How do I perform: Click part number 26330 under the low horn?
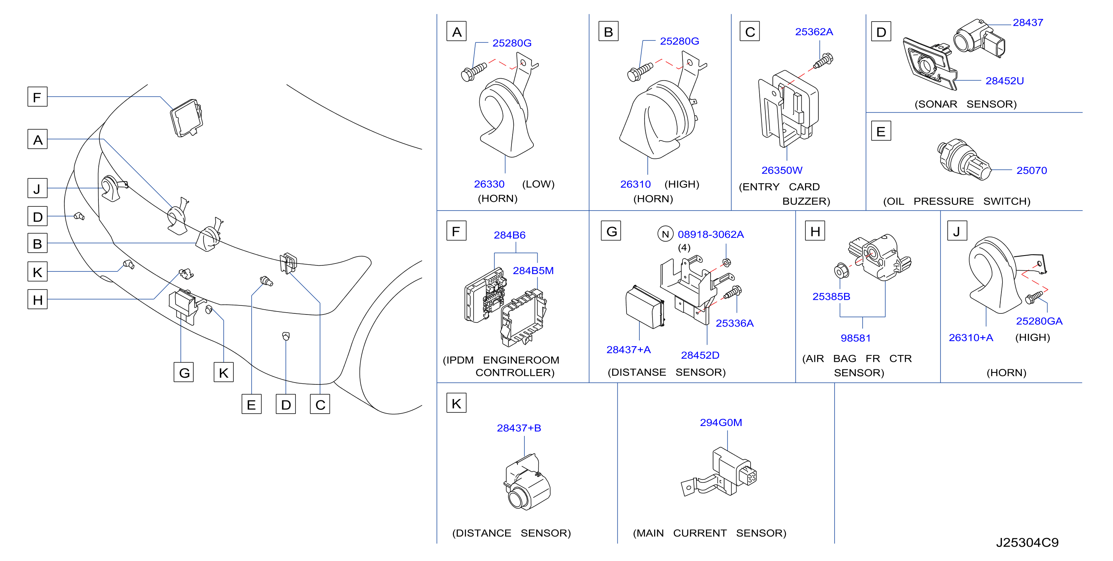pos(489,184)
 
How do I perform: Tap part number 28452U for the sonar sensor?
pos(1004,81)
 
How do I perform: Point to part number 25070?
pos(1032,170)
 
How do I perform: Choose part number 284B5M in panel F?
pos(533,271)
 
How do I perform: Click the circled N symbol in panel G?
pos(665,234)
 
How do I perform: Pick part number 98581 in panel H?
pos(855,338)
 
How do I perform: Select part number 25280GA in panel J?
pos(1039,321)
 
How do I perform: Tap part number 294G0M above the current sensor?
pos(721,422)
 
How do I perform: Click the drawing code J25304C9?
pos(1028,542)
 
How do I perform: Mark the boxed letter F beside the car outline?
pos(37,97)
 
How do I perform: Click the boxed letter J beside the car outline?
pos(37,188)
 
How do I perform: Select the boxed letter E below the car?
pos(252,404)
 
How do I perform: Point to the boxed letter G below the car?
pos(183,372)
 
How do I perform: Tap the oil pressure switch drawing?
pos(964,160)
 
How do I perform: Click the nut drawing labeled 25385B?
pos(841,271)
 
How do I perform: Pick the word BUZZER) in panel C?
pos(806,201)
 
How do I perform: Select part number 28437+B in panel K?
pos(519,428)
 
